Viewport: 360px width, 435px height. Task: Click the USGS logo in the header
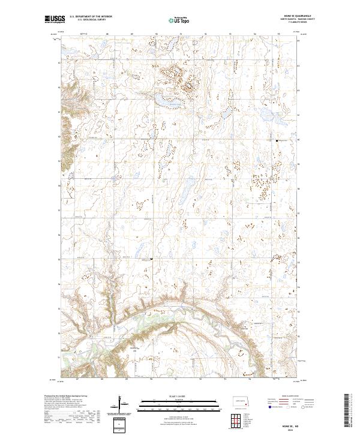55,19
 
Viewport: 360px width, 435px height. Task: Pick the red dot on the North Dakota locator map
245,404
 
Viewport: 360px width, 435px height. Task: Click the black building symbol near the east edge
277,140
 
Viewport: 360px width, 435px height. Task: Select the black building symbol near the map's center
151,259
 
